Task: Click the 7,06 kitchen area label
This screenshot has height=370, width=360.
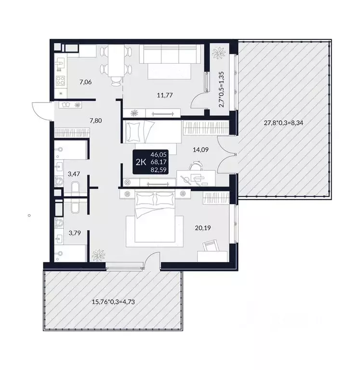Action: [x=86, y=82]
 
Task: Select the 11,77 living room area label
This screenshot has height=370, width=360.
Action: [x=165, y=95]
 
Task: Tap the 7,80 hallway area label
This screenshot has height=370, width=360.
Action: [x=96, y=121]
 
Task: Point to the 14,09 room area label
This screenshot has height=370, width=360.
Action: [x=200, y=150]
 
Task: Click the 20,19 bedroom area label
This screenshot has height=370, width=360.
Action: [x=203, y=228]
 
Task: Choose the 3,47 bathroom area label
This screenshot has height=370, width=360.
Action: [x=74, y=174]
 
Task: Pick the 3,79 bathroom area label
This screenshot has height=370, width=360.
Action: [x=75, y=233]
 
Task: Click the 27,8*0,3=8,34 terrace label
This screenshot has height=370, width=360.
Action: [x=283, y=123]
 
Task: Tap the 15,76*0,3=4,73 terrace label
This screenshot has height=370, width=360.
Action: [x=113, y=301]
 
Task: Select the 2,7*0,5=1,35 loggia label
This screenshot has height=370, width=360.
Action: [x=221, y=89]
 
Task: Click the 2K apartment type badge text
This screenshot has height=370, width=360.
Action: [x=141, y=162]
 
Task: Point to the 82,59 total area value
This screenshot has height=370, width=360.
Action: [x=159, y=169]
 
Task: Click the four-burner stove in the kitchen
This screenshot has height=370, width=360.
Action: [x=61, y=81]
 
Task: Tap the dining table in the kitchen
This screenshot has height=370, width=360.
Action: [x=116, y=61]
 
